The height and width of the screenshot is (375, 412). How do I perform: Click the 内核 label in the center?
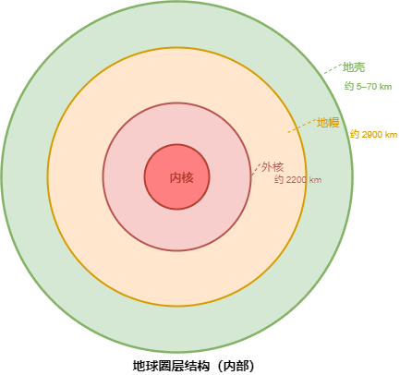click(182, 178)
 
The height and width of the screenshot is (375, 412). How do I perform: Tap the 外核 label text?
click(273, 167)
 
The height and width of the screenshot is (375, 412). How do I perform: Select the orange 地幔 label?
click(328, 123)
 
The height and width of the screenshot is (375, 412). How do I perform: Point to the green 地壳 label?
click(354, 67)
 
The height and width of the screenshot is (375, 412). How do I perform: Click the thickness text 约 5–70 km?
click(368, 87)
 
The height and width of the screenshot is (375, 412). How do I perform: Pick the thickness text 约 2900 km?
click(373, 135)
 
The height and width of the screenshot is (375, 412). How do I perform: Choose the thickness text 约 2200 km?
click(298, 179)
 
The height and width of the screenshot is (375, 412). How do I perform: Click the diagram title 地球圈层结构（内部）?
click(194, 366)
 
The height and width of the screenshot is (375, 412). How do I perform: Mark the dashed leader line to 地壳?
click(333, 68)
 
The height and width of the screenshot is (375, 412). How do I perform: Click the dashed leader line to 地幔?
click(302, 126)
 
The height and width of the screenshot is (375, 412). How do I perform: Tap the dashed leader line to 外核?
click(256, 169)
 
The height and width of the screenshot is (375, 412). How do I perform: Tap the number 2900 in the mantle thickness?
click(371, 135)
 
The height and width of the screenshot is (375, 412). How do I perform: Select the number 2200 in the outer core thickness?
click(296, 180)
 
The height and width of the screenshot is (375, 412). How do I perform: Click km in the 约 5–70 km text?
click(385, 87)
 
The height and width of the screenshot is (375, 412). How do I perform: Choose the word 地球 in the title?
click(145, 366)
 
